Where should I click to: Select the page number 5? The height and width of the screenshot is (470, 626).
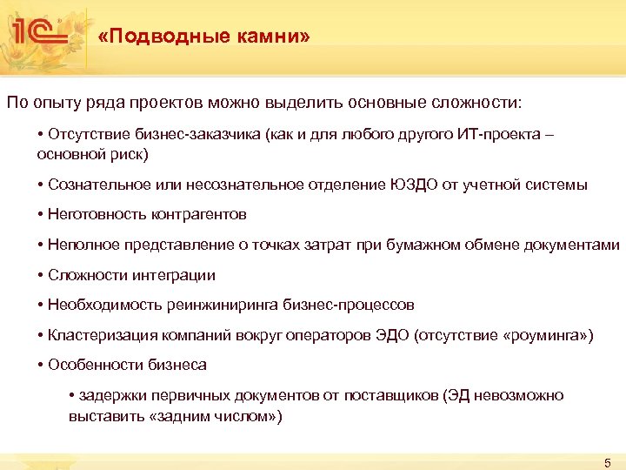click(x=608, y=461)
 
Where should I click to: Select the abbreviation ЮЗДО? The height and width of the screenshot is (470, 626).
click(x=411, y=185)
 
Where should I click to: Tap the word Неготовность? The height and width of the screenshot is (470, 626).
click(x=97, y=213)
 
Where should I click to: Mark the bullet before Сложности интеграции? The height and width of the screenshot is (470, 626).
click(x=41, y=275)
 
